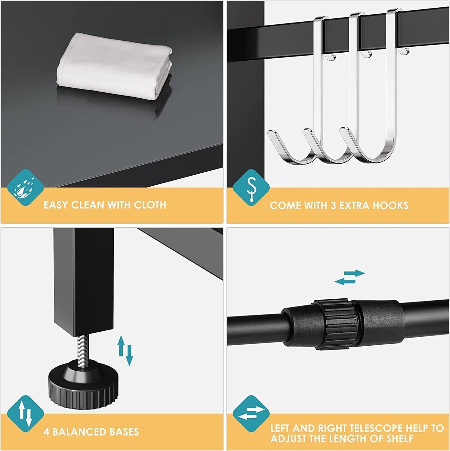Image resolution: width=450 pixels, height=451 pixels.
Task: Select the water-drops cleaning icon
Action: tap(25, 188)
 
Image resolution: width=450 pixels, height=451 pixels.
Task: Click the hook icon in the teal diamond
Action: tap(251, 188)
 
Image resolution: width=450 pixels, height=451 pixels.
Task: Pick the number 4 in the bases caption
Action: tap(46, 432)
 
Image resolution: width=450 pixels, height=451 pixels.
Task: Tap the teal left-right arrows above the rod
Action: tap(349, 277)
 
